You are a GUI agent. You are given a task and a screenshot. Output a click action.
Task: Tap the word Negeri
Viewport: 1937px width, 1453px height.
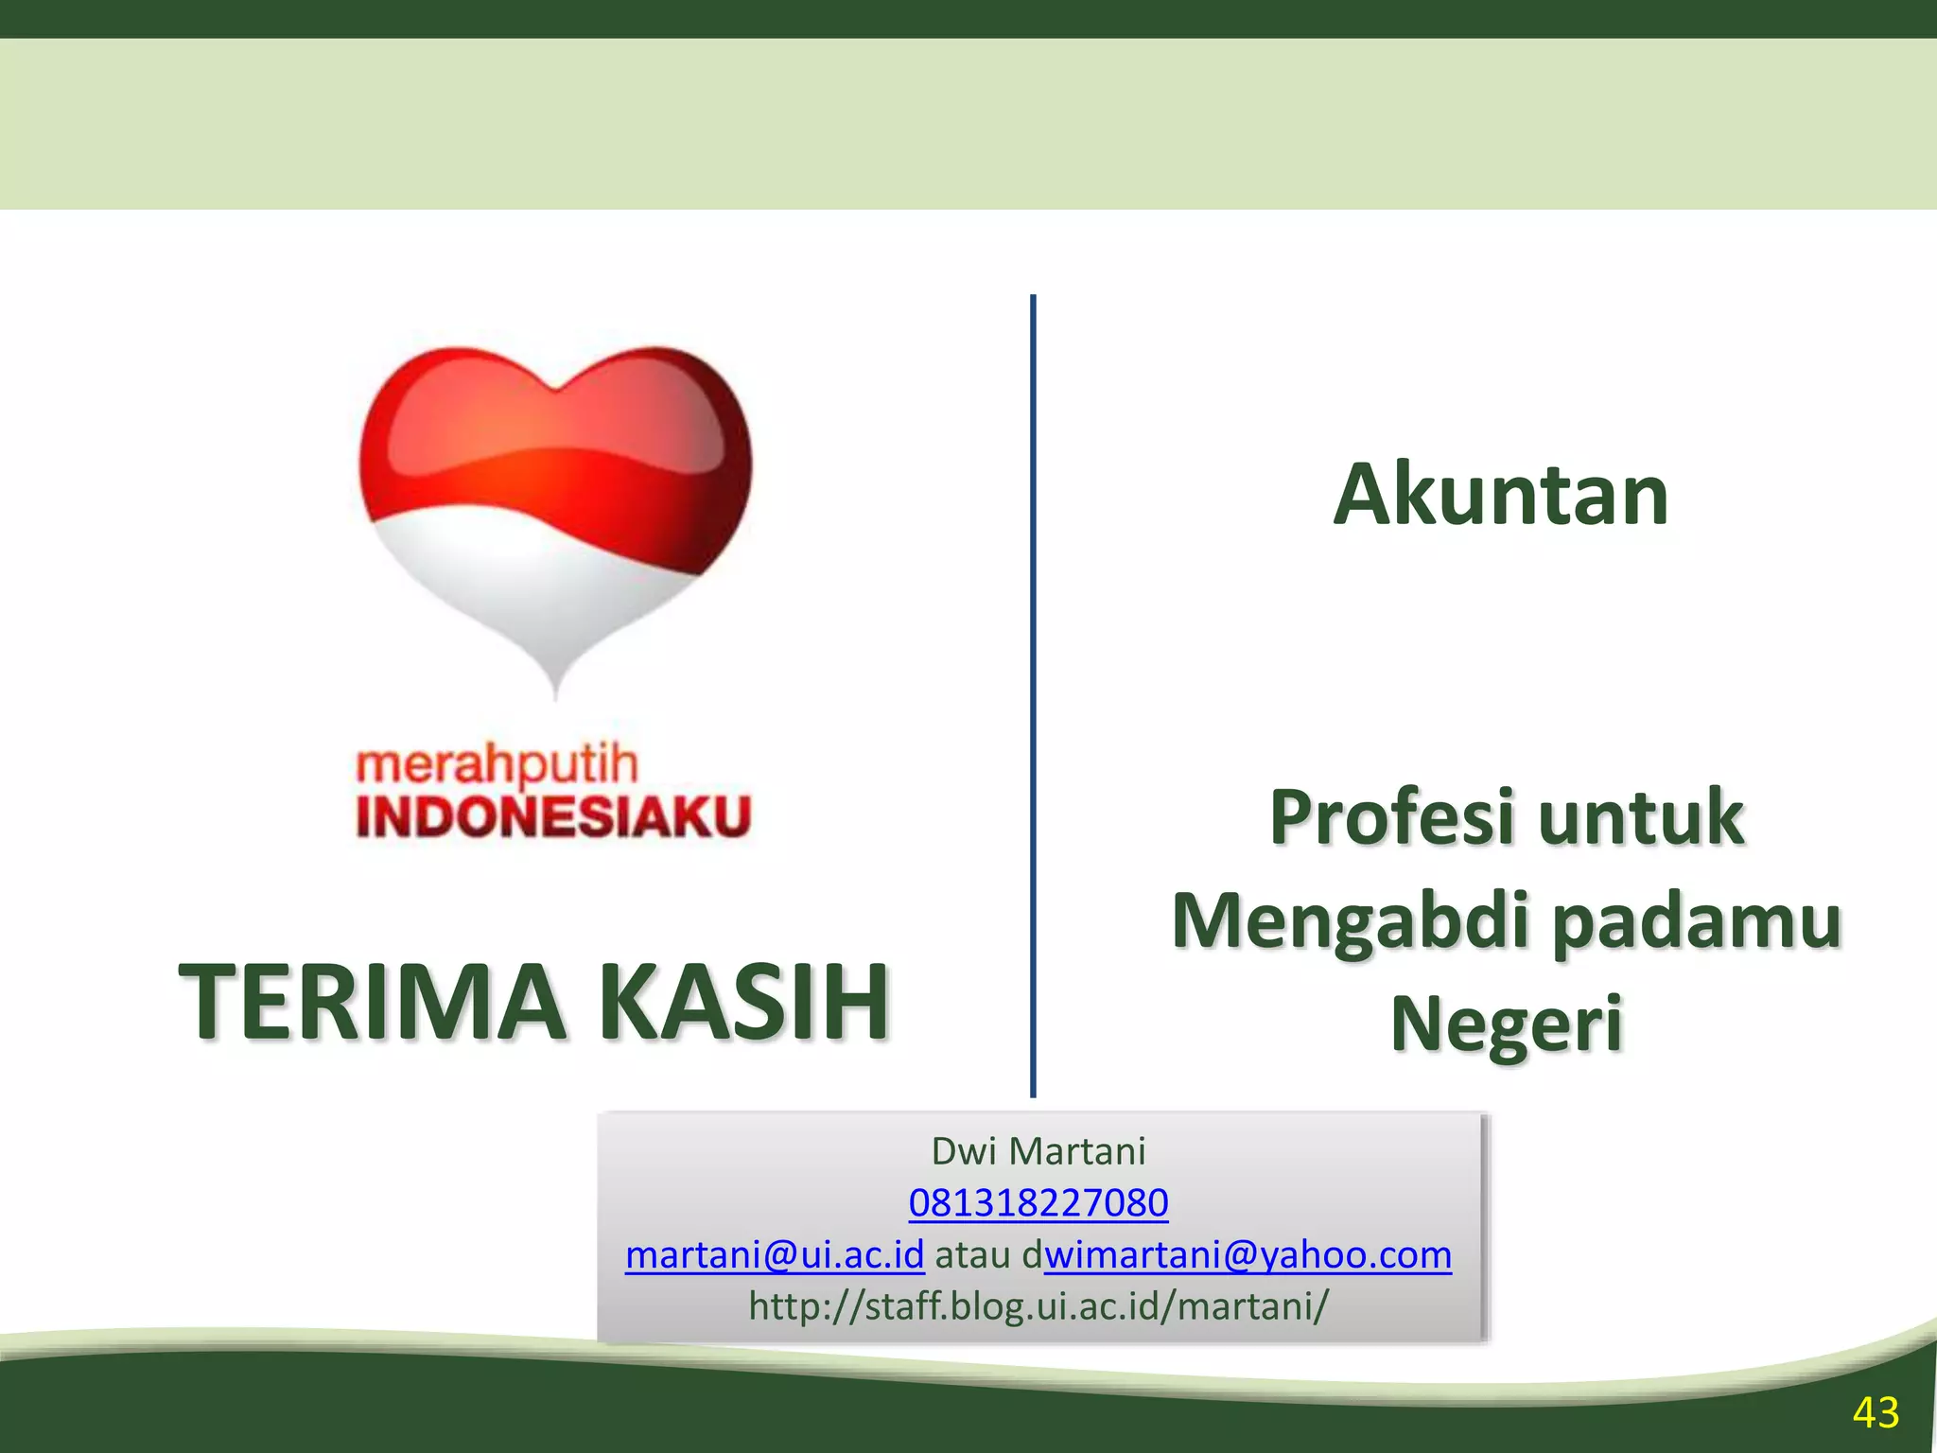[1506, 1024]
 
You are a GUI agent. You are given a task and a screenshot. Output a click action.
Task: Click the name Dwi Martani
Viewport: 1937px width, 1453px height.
[1038, 1151]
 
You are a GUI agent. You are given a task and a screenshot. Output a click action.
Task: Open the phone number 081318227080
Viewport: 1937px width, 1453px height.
[1038, 1203]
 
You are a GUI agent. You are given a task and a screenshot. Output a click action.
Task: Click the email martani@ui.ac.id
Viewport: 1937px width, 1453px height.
[775, 1255]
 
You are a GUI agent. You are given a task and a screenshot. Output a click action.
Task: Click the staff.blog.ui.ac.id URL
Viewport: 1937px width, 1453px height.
[1038, 1306]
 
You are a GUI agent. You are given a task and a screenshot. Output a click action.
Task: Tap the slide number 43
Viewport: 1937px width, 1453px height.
[1876, 1413]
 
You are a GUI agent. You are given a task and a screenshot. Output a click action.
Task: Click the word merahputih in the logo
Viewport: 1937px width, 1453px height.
[497, 764]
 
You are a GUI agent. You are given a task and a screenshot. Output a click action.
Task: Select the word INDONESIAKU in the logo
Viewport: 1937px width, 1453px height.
[553, 816]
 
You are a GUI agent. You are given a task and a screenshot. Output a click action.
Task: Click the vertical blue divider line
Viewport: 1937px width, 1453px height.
[1033, 695]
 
